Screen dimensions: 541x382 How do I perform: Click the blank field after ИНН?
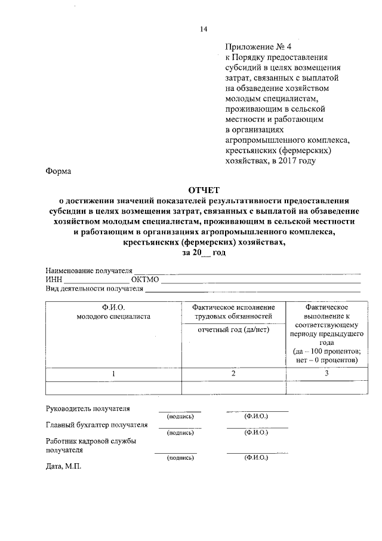pos(96,280)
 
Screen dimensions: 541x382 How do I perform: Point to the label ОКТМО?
pos(145,280)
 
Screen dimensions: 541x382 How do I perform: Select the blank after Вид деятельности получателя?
pos(253,289)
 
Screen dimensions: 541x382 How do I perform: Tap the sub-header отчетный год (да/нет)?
pos(233,330)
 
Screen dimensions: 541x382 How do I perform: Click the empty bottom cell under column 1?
pos(113,387)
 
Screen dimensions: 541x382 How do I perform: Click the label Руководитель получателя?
pos(88,409)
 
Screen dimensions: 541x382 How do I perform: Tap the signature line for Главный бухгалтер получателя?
pos(180,427)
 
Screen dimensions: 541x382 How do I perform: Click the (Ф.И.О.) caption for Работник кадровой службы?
pos(256,457)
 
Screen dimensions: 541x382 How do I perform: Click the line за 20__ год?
pos(204,253)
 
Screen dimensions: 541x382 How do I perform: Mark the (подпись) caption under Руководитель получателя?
pos(180,415)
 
